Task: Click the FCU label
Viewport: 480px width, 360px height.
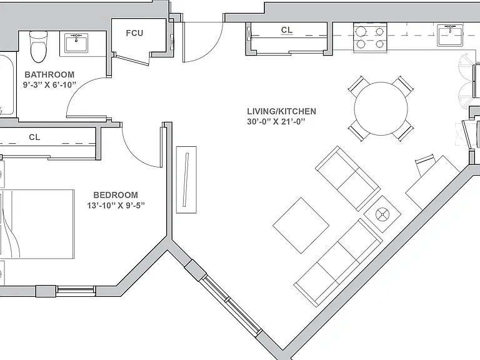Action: tap(134, 32)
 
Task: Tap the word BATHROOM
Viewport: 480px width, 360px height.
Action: tap(49, 74)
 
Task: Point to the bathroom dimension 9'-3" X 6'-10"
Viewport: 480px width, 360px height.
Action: tap(49, 85)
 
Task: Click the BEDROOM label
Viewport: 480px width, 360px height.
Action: tap(116, 195)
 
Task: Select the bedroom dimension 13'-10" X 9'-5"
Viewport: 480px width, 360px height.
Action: tap(116, 205)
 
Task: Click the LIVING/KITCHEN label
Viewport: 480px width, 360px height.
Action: tap(282, 111)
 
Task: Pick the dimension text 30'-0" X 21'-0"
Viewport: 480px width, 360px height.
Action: tap(276, 121)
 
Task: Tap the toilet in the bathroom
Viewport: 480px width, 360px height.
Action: tap(39, 46)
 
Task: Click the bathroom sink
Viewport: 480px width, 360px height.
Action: tap(76, 43)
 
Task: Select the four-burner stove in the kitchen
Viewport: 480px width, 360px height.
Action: tap(371, 38)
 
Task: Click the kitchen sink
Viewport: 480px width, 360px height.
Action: tap(450, 35)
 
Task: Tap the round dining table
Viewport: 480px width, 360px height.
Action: tap(381, 108)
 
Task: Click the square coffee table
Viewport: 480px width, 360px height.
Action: tap(301, 226)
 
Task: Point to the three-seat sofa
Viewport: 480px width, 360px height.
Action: tap(338, 262)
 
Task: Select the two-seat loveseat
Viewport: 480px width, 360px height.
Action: tap(348, 179)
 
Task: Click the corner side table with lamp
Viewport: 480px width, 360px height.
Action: tap(382, 214)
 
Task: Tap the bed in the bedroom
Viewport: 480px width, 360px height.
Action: tap(37, 224)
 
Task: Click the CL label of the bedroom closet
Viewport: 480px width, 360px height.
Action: tap(34, 137)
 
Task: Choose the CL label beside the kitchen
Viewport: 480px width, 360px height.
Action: tap(287, 30)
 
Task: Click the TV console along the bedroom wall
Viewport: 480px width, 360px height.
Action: tap(186, 180)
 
